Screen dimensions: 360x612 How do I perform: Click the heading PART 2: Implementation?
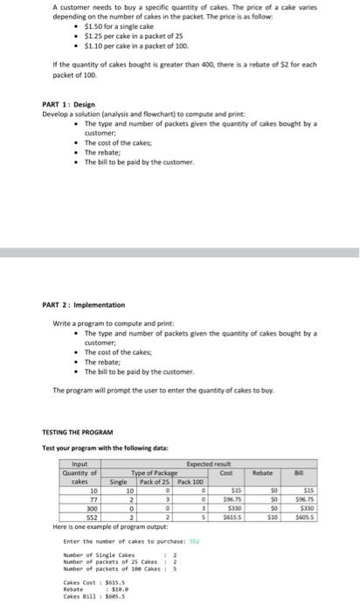(x=83, y=305)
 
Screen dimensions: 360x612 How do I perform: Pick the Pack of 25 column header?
(x=160, y=481)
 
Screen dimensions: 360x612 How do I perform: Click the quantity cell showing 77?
(x=92, y=497)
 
